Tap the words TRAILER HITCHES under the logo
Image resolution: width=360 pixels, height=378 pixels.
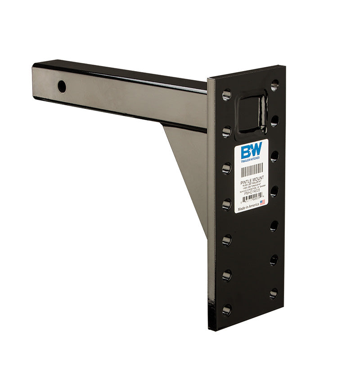pyautogui.click(x=250, y=160)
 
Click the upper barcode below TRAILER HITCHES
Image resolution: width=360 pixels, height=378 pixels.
pyautogui.click(x=252, y=171)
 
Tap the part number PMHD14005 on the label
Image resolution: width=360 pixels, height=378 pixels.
pyautogui.click(x=252, y=193)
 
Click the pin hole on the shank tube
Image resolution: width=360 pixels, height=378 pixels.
pyautogui.click(x=62, y=86)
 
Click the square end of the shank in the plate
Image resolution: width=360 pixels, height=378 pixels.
pyautogui.click(x=252, y=112)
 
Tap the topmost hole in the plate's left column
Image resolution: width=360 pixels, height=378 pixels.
pyautogui.click(x=226, y=94)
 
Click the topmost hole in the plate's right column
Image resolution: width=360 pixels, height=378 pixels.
pyautogui.click(x=274, y=85)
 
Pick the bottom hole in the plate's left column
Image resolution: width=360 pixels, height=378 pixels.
pyautogui.click(x=226, y=310)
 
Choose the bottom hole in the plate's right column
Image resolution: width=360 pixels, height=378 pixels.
pyautogui.click(x=274, y=294)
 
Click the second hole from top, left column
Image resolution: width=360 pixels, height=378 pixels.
pyautogui.click(x=226, y=132)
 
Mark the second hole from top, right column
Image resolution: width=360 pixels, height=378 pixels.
pyautogui.click(x=274, y=121)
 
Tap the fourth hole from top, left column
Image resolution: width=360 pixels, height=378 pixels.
pyautogui.click(x=226, y=205)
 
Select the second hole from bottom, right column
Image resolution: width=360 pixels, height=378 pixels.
pyautogui.click(x=274, y=260)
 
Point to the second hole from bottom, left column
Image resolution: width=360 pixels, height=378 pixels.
pyautogui.click(x=226, y=275)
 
